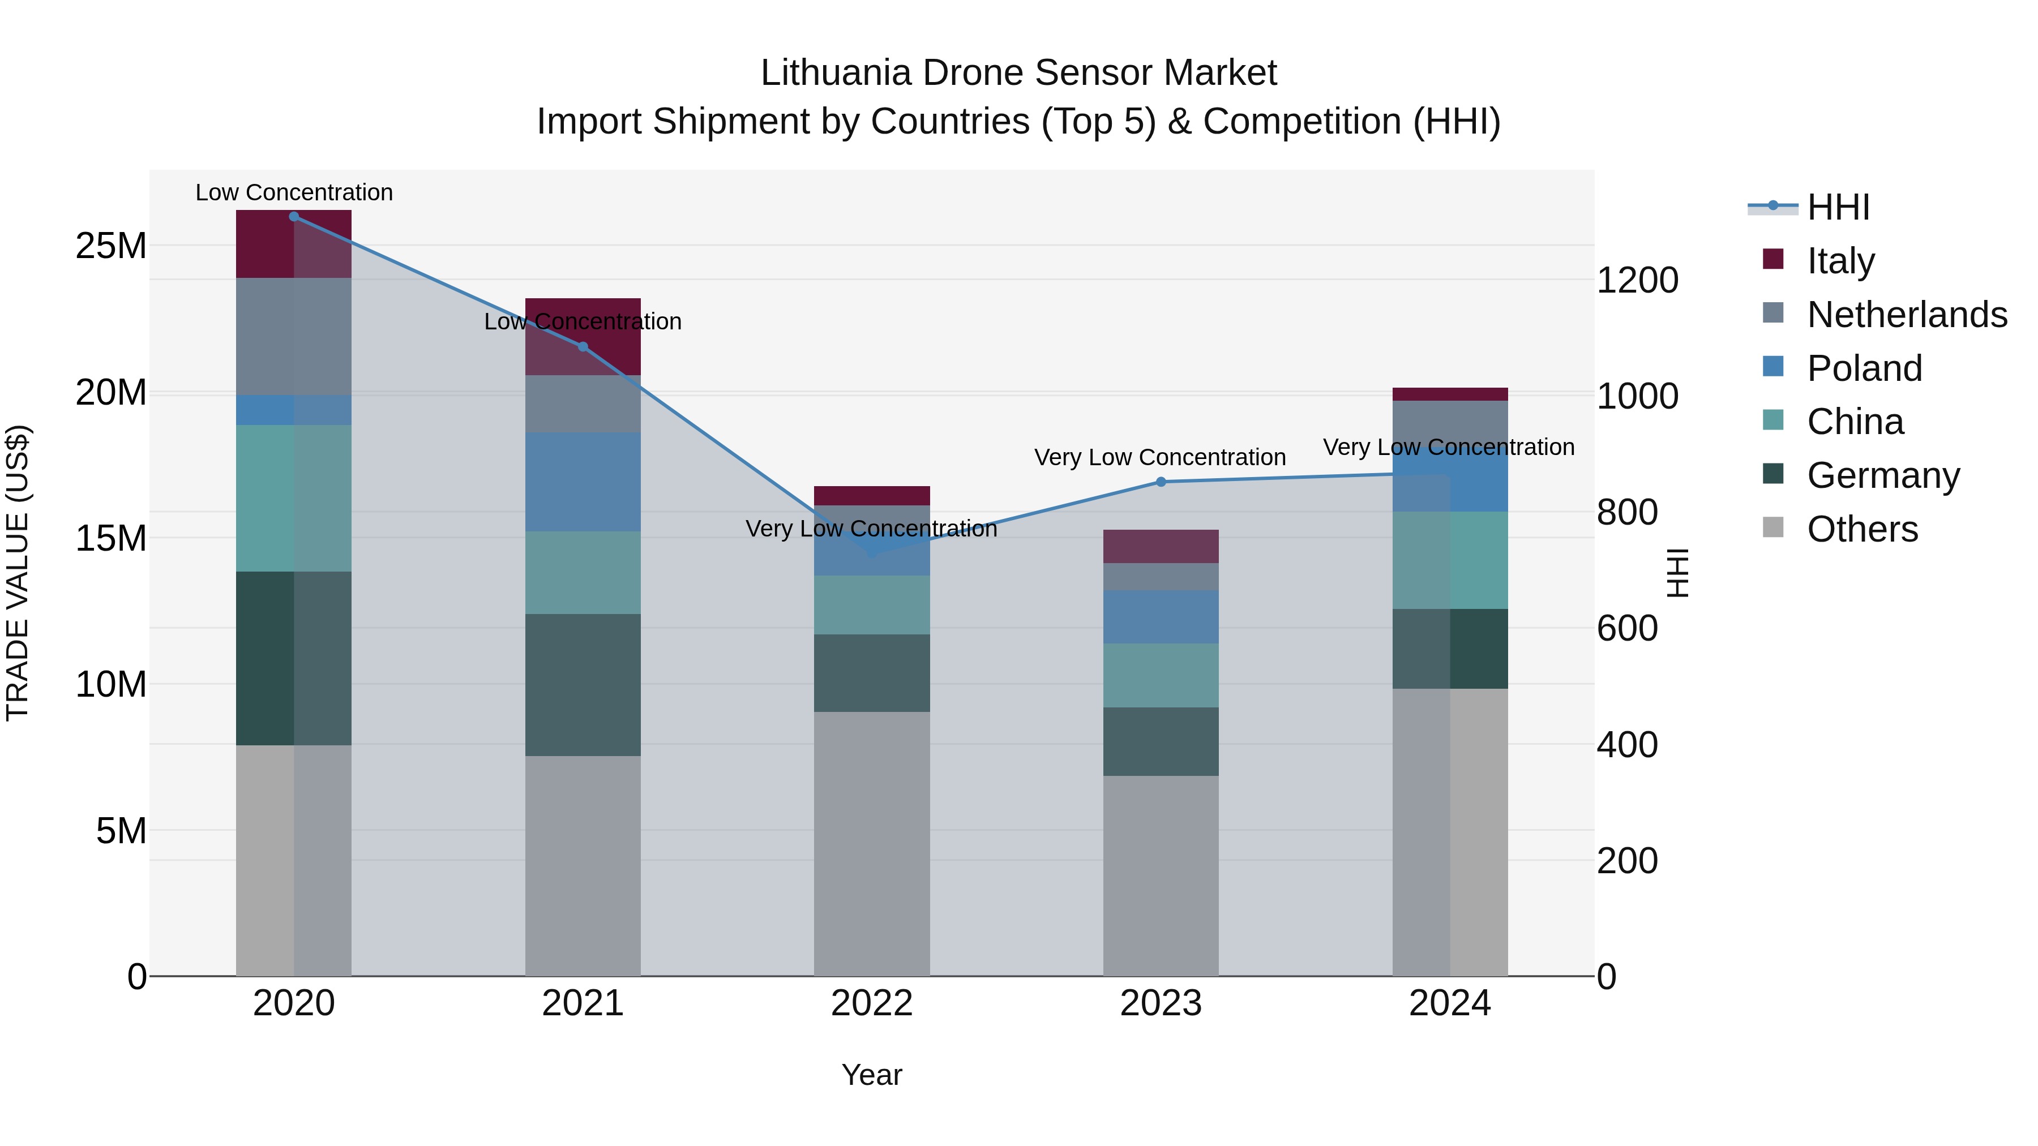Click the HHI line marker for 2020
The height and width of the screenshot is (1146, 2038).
click(x=293, y=217)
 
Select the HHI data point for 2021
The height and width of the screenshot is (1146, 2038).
click(x=583, y=346)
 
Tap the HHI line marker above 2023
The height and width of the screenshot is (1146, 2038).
click(x=1161, y=482)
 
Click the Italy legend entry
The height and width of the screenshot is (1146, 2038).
click(x=1840, y=261)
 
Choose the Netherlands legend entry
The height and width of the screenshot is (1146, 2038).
click(x=1907, y=315)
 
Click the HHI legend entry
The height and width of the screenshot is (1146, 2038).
click(x=1838, y=207)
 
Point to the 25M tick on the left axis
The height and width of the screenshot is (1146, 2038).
click(x=111, y=246)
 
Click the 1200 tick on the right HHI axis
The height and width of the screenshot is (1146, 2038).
click(x=1637, y=280)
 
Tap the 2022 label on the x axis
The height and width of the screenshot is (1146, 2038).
click(x=872, y=1003)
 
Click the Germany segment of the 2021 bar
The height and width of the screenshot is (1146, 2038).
click(x=583, y=684)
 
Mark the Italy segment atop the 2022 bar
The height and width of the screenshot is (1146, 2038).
click(x=872, y=496)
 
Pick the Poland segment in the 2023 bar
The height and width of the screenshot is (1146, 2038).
click(x=1161, y=617)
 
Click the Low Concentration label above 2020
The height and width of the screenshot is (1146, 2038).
click(x=293, y=193)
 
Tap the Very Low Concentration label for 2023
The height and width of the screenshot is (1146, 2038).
click(x=1160, y=457)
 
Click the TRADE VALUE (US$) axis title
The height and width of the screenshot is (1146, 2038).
click(x=18, y=573)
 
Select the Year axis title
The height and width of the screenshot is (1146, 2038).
click(x=872, y=1075)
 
